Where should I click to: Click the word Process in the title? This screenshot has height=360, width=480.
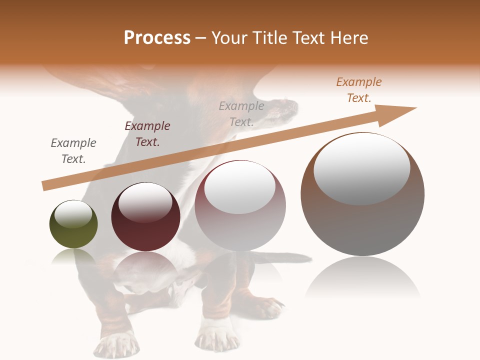click(157, 38)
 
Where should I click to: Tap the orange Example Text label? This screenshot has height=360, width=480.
click(359, 90)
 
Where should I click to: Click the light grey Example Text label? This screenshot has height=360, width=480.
click(241, 113)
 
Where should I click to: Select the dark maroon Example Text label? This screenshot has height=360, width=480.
click(147, 134)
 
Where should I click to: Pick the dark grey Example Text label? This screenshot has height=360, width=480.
click(73, 151)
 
